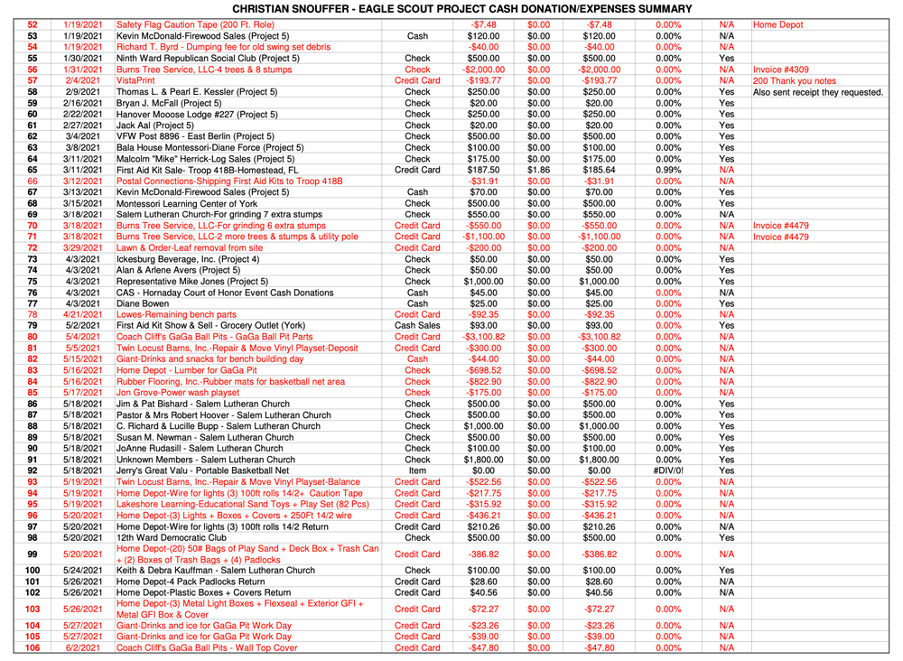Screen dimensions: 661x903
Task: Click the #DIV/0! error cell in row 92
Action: coord(667,470)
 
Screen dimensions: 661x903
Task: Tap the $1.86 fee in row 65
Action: coord(538,169)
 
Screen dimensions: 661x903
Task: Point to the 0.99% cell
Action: coord(667,169)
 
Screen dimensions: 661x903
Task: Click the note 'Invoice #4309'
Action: coord(784,69)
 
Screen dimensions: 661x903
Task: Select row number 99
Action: coord(33,554)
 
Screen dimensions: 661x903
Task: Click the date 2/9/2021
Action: coord(80,92)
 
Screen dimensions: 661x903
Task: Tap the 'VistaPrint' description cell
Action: coord(135,80)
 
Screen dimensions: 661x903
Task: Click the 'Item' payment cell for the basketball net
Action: coord(417,470)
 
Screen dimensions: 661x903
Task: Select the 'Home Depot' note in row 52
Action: coord(777,24)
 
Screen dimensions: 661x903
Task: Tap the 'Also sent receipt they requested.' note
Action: coord(817,92)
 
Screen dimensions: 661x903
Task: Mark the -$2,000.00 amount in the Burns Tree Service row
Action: coord(483,69)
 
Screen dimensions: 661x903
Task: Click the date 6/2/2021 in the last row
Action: coord(80,647)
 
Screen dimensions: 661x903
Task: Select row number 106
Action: coord(33,647)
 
